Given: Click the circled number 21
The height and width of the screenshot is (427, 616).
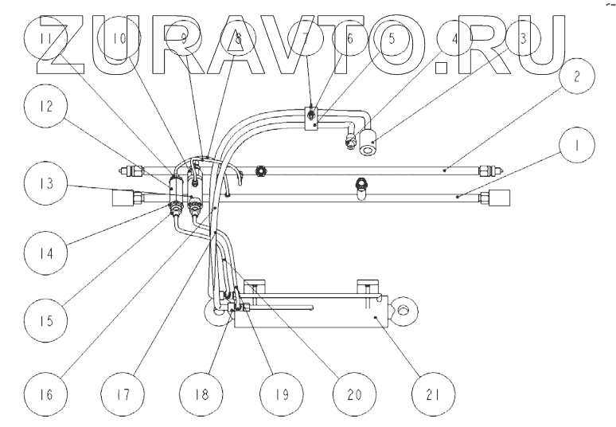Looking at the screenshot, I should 433,393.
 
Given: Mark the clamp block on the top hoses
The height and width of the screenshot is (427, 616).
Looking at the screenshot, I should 314,117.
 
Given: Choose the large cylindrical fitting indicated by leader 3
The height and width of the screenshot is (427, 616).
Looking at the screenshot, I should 368,143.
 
